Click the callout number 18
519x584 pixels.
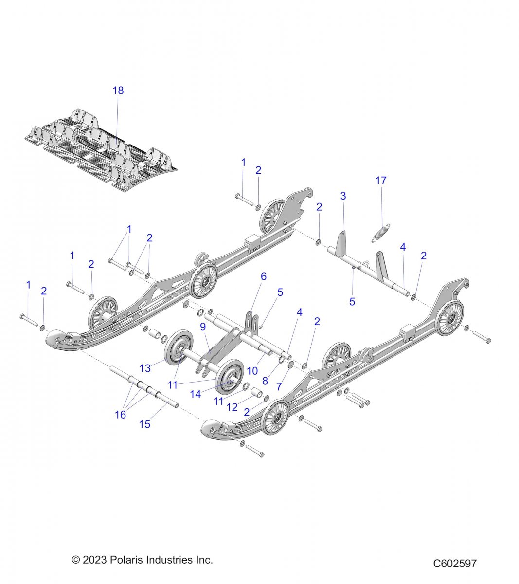tap(118, 91)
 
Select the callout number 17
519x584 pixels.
tap(381, 181)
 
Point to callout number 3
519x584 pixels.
tap(343, 196)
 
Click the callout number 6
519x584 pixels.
tap(264, 276)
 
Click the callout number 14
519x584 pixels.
tap(196, 394)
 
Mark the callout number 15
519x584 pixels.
tap(144, 424)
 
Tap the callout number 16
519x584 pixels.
tap(120, 415)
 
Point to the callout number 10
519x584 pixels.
tap(252, 371)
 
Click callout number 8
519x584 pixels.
tap(265, 381)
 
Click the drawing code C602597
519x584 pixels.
tap(455, 563)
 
